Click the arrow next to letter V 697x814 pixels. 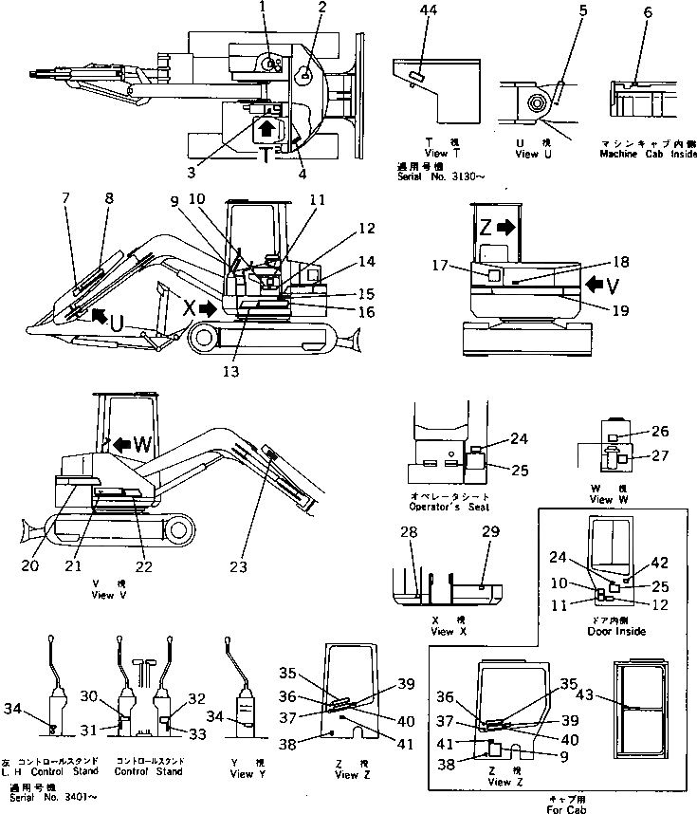592,284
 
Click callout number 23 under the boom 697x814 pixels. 238,566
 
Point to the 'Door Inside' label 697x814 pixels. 616,631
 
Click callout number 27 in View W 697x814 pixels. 660,456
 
